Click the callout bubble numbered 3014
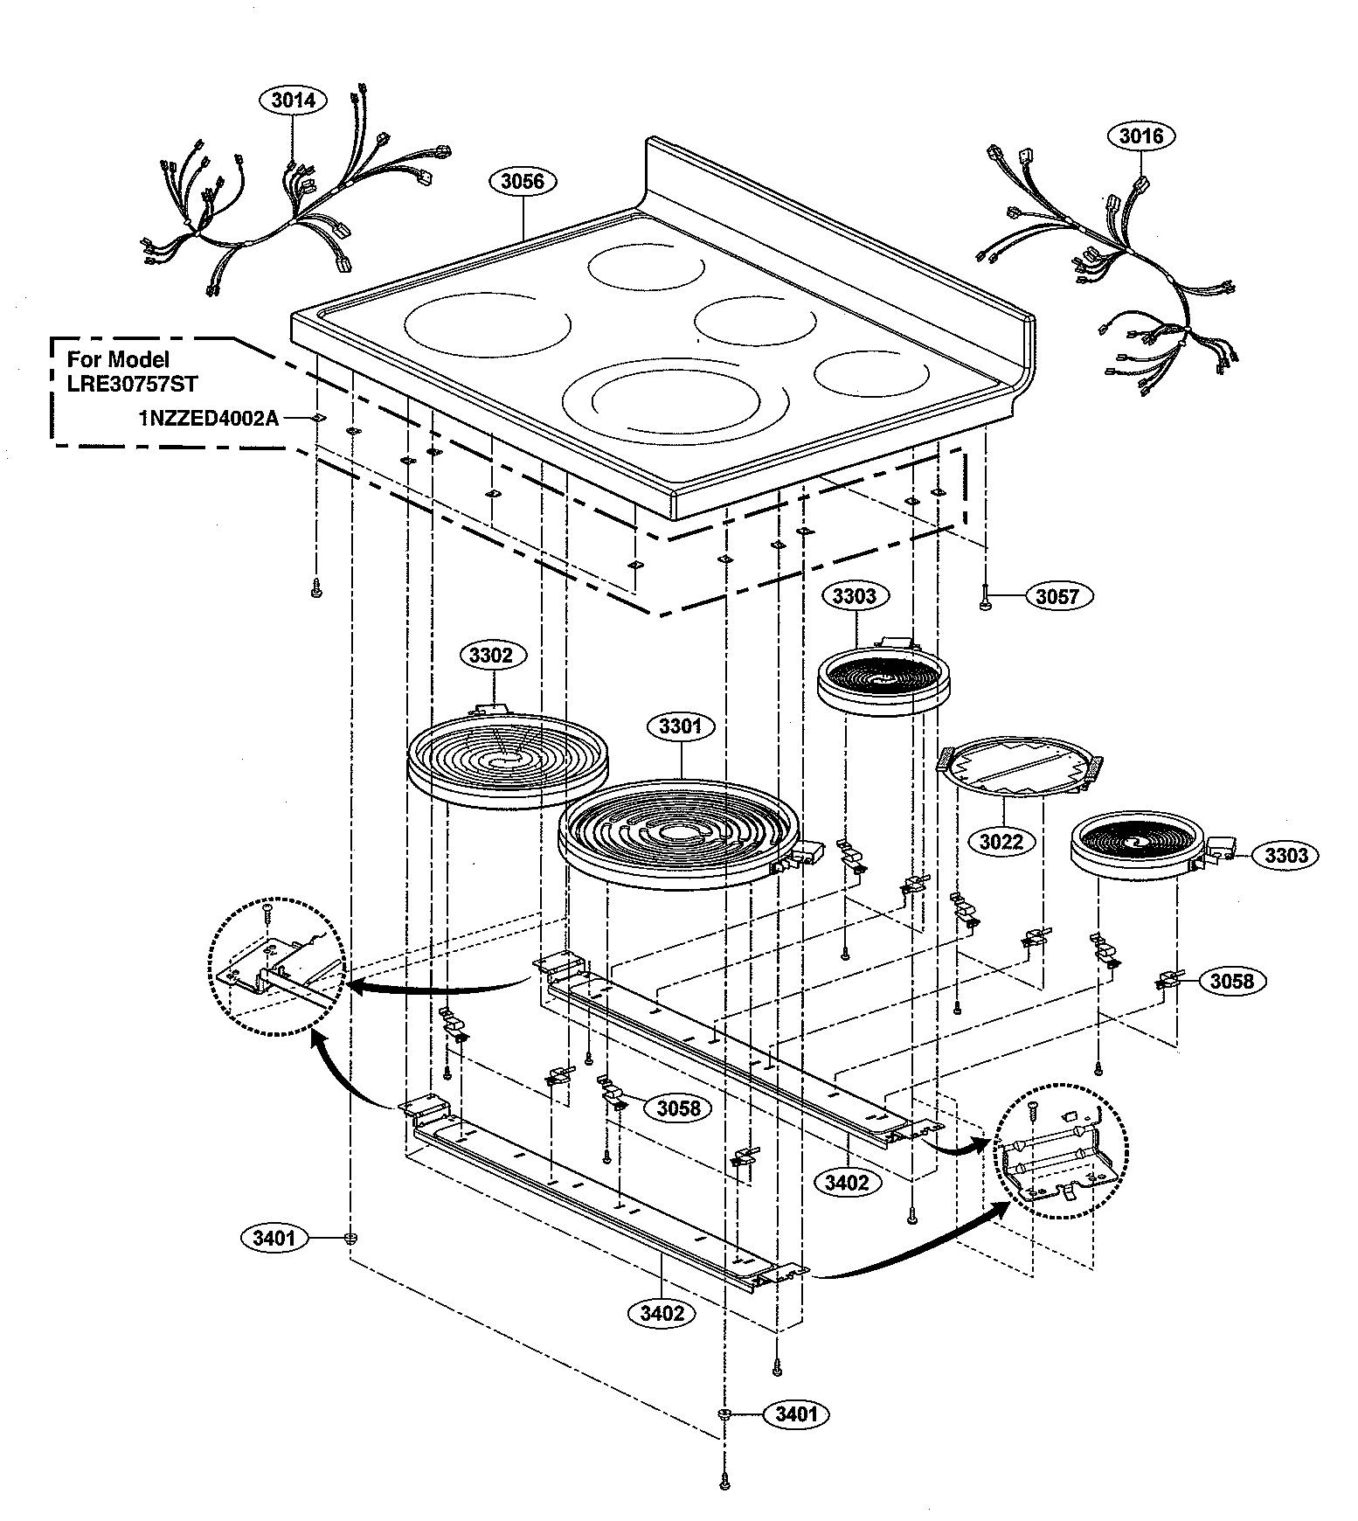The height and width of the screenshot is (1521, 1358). pyautogui.click(x=292, y=101)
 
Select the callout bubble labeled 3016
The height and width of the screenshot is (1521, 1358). pyautogui.click(x=1140, y=135)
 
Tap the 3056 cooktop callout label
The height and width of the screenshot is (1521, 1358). pyautogui.click(x=523, y=181)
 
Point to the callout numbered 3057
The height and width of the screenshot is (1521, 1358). pyautogui.click(x=1057, y=596)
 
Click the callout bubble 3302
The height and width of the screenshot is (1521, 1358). pyautogui.click(x=491, y=655)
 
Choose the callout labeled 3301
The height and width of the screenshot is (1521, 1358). pyautogui.click(x=681, y=726)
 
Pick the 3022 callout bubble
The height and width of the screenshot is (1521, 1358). pyautogui.click(x=1001, y=842)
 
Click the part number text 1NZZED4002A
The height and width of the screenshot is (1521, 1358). pyautogui.click(x=208, y=419)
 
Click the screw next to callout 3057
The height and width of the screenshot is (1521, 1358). pyautogui.click(x=985, y=597)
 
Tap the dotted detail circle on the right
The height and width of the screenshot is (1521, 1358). pyautogui.click(x=1061, y=1153)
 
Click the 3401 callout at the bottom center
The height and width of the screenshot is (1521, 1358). pyautogui.click(x=796, y=1413)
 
